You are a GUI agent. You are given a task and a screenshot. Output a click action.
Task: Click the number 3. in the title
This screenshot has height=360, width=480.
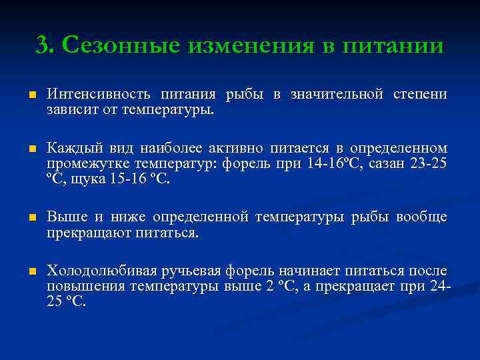point(44,45)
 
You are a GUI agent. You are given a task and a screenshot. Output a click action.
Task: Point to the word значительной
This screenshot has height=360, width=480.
point(337,95)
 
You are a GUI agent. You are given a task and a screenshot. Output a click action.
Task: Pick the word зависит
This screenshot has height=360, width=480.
point(69,110)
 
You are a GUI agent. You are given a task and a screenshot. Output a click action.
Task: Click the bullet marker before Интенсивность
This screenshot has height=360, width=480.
point(31,96)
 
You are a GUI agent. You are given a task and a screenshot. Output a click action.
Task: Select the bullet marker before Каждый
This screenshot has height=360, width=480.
point(31,149)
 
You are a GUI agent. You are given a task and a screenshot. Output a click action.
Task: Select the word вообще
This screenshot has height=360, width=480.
point(422,217)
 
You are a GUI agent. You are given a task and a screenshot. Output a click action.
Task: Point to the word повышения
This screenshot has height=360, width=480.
point(86,286)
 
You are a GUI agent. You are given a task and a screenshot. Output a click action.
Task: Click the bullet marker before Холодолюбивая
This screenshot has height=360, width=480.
point(31,271)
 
